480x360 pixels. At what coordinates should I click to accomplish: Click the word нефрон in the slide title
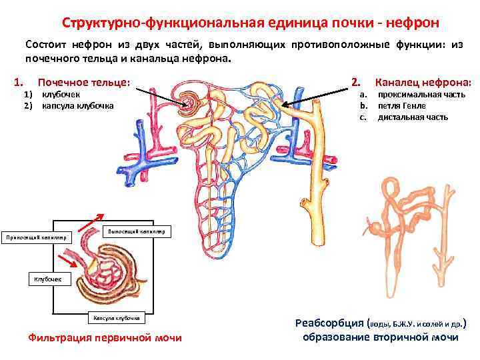click(415, 23)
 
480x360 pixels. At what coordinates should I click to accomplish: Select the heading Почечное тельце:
click(84, 83)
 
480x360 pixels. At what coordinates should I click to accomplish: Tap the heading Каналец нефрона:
click(423, 83)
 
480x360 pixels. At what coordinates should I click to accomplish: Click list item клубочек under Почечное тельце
click(61, 95)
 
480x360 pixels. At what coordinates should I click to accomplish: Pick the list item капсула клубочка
click(77, 105)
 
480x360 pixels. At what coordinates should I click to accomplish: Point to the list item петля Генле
click(401, 105)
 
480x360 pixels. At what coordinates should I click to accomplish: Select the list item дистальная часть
click(413, 117)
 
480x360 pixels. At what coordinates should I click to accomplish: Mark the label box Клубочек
click(47, 278)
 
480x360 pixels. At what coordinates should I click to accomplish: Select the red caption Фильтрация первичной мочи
click(105, 337)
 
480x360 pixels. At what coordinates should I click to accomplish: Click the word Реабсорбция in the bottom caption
click(329, 323)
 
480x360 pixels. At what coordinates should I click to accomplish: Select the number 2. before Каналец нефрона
click(355, 83)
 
